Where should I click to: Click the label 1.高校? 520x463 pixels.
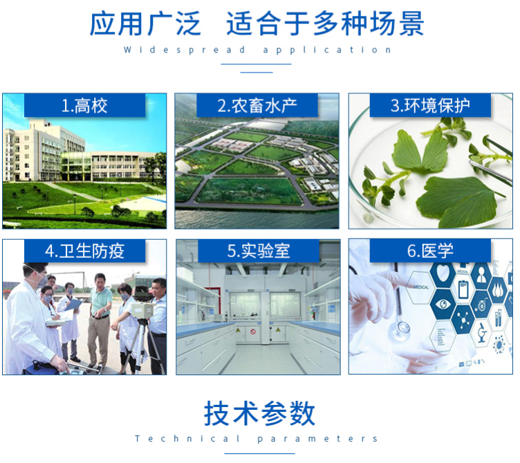[84, 106]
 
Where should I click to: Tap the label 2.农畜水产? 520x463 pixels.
[257, 106]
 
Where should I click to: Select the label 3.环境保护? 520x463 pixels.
[430, 106]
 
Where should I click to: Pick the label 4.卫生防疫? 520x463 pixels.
[84, 251]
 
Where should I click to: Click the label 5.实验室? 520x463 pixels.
[259, 251]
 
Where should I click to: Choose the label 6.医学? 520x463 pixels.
[430, 251]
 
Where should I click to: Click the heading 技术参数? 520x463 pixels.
[260, 413]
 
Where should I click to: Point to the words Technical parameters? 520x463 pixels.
[257, 439]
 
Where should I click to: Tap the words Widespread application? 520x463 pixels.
[257, 50]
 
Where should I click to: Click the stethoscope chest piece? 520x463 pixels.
[401, 330]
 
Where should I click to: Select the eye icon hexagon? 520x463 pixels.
[443, 303]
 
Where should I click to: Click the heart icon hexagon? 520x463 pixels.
[443, 273]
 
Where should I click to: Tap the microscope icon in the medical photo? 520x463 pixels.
[482, 332]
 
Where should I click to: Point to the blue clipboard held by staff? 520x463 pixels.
[73, 305]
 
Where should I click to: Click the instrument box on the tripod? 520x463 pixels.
[142, 310]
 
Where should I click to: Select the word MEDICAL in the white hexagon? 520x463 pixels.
[421, 287]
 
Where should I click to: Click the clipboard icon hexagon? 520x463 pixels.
[463, 289]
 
